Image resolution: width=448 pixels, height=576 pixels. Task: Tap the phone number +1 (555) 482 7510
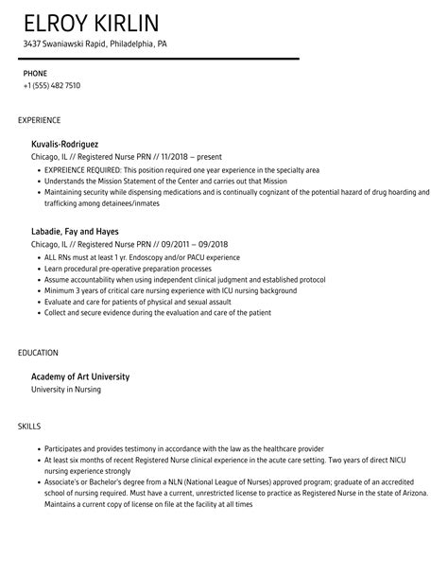click(x=52, y=85)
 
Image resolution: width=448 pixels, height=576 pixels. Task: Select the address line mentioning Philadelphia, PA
click(x=95, y=44)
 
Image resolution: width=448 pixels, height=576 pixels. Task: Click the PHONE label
click(x=36, y=72)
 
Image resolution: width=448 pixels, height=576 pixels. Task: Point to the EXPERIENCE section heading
click(x=40, y=120)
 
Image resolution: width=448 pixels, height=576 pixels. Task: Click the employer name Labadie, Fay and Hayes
click(x=75, y=230)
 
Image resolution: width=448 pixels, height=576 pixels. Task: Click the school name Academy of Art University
click(x=80, y=376)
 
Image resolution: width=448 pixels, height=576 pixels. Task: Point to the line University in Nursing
click(x=66, y=390)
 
